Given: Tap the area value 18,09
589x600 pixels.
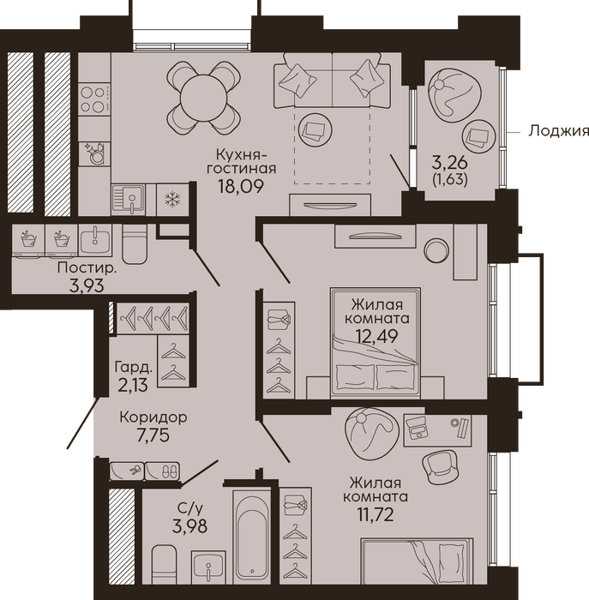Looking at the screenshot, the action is click(x=241, y=186).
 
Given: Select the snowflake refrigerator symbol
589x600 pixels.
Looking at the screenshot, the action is click(x=172, y=200).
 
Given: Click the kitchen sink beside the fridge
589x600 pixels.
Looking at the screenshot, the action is click(x=129, y=200).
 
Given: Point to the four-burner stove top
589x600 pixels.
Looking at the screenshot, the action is click(x=93, y=99).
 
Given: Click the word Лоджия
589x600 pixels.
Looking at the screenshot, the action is click(x=558, y=131).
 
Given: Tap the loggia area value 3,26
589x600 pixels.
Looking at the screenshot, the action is click(x=450, y=164).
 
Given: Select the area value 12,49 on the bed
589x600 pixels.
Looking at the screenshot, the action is click(x=377, y=336).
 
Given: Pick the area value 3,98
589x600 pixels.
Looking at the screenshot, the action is click(x=189, y=526).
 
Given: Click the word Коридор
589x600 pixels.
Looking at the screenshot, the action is click(x=153, y=417).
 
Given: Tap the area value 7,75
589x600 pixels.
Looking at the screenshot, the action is click(x=153, y=435).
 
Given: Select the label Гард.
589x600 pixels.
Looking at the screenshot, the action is click(x=134, y=368).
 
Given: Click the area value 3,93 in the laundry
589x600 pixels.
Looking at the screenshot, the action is click(x=87, y=285).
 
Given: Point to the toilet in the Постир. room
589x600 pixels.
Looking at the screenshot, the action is click(x=135, y=244).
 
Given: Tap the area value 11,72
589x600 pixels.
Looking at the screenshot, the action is click(x=376, y=515).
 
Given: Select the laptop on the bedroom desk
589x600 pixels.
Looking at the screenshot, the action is click(x=417, y=428).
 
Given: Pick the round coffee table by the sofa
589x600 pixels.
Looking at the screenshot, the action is click(x=316, y=129).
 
